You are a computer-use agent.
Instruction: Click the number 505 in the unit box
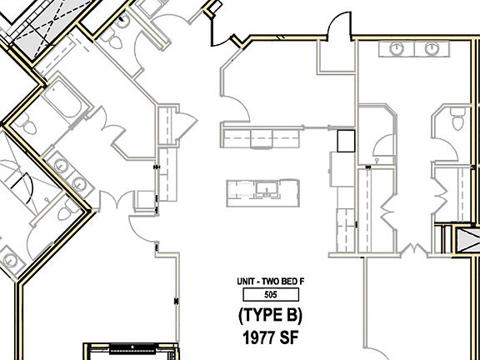click(271, 294)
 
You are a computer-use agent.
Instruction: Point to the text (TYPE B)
click(270, 316)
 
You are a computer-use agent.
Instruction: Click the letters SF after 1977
click(288, 338)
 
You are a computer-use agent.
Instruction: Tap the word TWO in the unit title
click(267, 282)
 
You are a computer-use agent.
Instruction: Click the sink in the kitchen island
click(267, 188)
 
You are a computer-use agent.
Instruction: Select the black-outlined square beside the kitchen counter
click(346, 141)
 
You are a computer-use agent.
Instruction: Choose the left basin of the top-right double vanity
click(397, 48)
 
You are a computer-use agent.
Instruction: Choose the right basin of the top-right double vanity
click(431, 48)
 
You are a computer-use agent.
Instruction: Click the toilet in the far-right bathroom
click(458, 118)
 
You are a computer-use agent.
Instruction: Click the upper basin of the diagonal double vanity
click(61, 165)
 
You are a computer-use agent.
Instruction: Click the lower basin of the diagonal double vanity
click(79, 183)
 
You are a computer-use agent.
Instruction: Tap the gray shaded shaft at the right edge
click(467, 240)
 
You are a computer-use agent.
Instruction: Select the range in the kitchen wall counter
click(261, 138)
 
